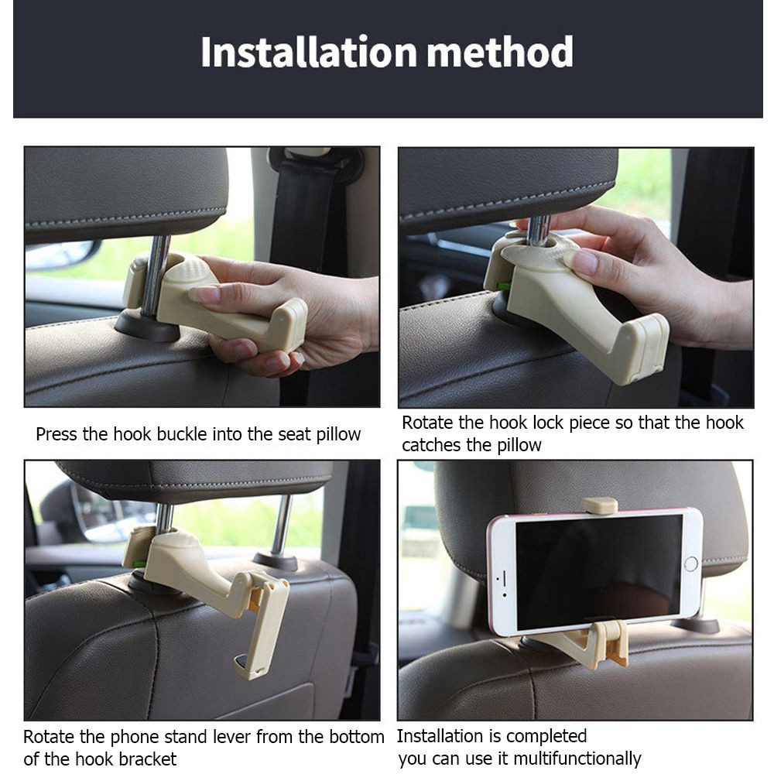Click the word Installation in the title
309,51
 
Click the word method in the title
499,51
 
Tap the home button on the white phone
690,563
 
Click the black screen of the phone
599,572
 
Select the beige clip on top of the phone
599,505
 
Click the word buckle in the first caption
181,434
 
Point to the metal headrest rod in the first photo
156,275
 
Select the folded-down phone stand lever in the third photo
262,625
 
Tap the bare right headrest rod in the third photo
282,526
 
